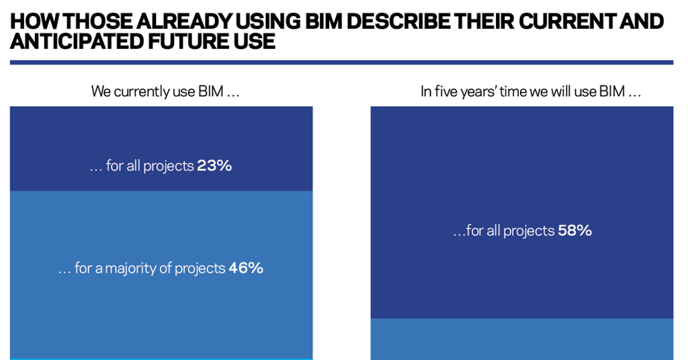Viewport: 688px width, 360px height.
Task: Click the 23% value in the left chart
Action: (x=214, y=166)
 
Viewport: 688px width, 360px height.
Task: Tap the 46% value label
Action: (x=246, y=269)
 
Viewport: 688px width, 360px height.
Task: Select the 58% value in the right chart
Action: (x=574, y=231)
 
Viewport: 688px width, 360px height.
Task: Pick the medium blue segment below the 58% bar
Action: (x=521, y=339)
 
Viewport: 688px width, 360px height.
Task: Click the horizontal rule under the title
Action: (x=341, y=62)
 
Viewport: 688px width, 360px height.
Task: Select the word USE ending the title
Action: (x=255, y=42)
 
